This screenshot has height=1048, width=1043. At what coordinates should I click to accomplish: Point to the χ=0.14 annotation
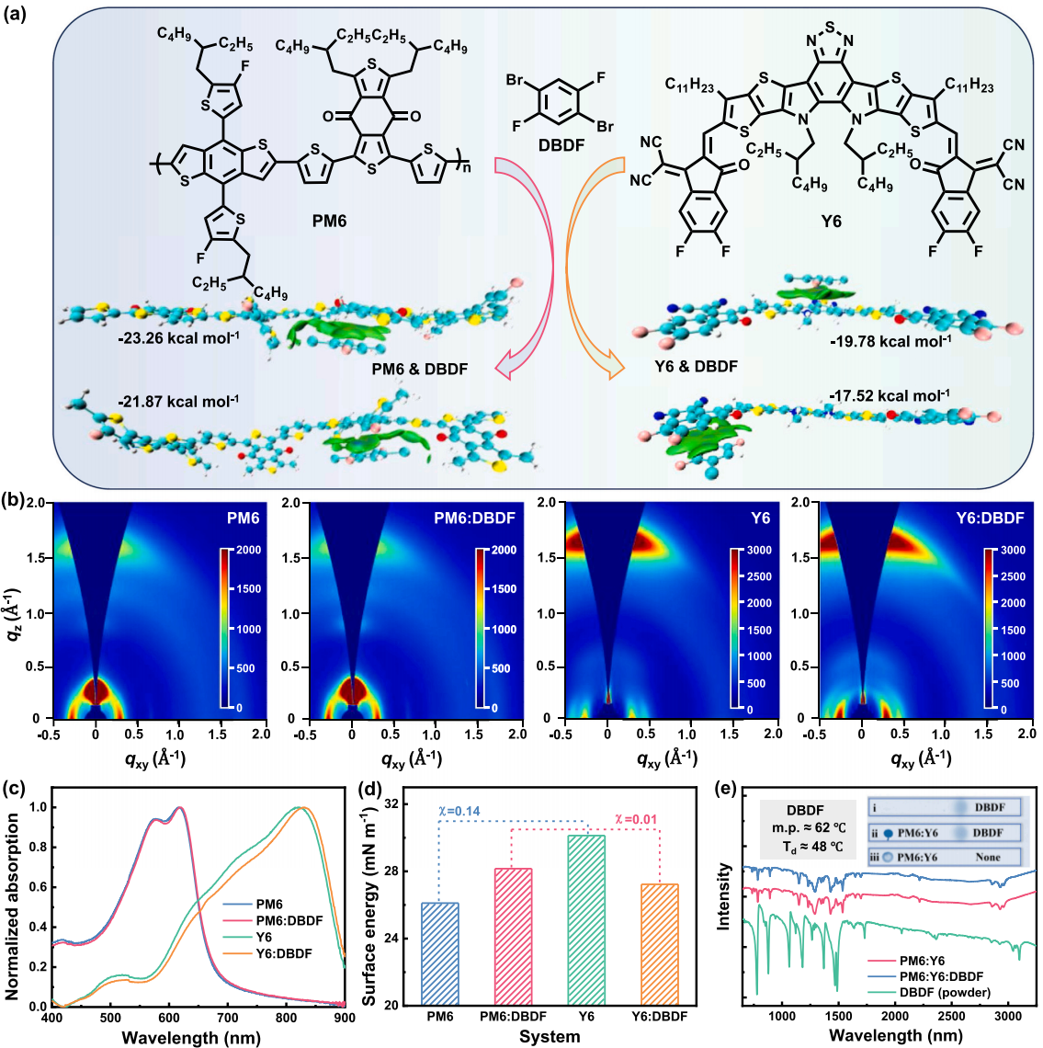click(x=459, y=812)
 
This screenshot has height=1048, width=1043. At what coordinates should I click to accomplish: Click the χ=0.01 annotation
click(x=635, y=820)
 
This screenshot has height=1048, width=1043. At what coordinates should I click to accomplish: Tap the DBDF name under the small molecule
click(x=561, y=144)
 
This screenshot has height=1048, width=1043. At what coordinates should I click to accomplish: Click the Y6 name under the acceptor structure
click(x=830, y=221)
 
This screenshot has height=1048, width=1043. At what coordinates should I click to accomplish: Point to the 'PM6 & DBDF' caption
click(x=420, y=369)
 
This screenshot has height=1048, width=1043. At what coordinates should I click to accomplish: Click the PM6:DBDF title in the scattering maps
click(x=474, y=518)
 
